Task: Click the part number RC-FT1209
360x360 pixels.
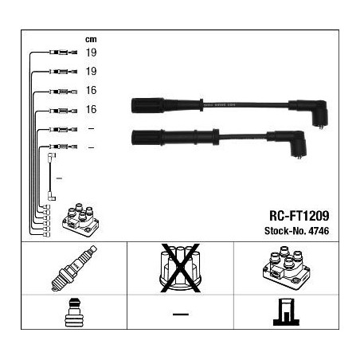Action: pyautogui.click(x=299, y=216)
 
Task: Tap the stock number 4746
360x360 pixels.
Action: pyautogui.click(x=319, y=231)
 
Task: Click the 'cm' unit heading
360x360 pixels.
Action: pyautogui.click(x=91, y=39)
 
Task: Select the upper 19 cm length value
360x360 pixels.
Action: pyautogui.click(x=91, y=53)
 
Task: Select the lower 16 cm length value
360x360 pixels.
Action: pyautogui.click(x=91, y=109)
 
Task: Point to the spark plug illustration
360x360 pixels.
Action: pyautogui.click(x=74, y=268)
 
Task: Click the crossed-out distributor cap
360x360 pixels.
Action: pyautogui.click(x=180, y=268)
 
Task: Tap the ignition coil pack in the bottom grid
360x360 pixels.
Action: pyautogui.click(x=287, y=268)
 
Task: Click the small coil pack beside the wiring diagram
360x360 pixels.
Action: pyautogui.click(x=80, y=220)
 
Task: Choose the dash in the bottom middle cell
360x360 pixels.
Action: pyautogui.click(x=181, y=315)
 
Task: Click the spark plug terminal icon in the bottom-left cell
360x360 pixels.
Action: pyautogui.click(x=74, y=313)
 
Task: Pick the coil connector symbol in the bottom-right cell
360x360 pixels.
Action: pyautogui.click(x=286, y=312)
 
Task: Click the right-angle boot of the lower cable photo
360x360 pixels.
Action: pyautogui.click(x=288, y=143)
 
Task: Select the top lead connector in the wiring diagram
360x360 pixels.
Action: pyautogui.click(x=64, y=53)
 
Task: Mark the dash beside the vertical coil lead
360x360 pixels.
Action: pyautogui.click(x=59, y=178)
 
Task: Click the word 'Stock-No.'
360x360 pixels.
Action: pyautogui.click(x=285, y=231)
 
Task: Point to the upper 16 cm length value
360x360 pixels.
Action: pyautogui.click(x=91, y=90)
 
